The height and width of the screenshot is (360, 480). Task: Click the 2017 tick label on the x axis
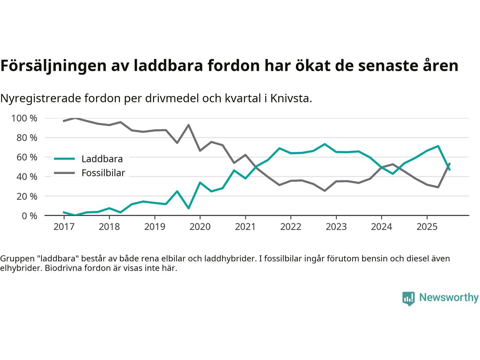pos(64,227)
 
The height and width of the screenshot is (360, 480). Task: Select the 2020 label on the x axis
pos(200,227)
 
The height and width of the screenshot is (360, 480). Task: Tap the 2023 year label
pos(336,227)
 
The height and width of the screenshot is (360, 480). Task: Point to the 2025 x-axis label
pos(427,227)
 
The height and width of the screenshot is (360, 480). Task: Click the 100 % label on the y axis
pos(24,118)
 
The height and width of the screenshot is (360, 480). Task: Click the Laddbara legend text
pos(102,159)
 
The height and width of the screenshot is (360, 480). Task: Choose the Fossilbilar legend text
pos(103,173)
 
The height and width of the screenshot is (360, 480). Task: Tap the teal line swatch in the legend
pos(64,159)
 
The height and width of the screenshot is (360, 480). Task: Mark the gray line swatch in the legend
pos(64,173)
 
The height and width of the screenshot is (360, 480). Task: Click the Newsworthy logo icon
pos(408,298)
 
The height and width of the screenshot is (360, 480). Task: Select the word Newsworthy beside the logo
pos(448,298)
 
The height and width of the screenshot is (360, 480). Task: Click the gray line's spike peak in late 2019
pos(188,125)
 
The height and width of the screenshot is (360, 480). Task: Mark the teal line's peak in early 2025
pos(438,146)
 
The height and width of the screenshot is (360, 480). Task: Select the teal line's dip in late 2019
pos(188,208)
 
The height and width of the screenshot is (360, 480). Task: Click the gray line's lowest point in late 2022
pos(324,190)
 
